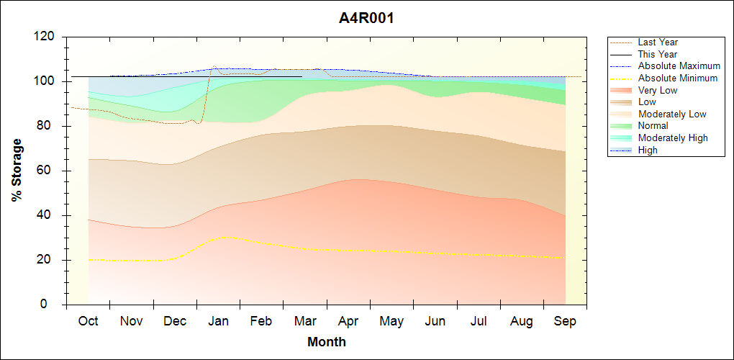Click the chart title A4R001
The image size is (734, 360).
[x=366, y=18]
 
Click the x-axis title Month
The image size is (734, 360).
[x=326, y=342]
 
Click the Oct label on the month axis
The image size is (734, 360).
[x=88, y=322]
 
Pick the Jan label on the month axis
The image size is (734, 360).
[x=218, y=322]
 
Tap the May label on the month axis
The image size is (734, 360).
[x=391, y=322]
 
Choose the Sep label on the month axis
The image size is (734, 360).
[x=565, y=322]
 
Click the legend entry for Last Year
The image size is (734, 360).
[x=658, y=42]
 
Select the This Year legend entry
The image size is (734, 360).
[x=658, y=54]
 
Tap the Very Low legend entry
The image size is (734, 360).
[x=658, y=90]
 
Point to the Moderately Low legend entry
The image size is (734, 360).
[x=672, y=114]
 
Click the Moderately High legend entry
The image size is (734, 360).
[x=673, y=138]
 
